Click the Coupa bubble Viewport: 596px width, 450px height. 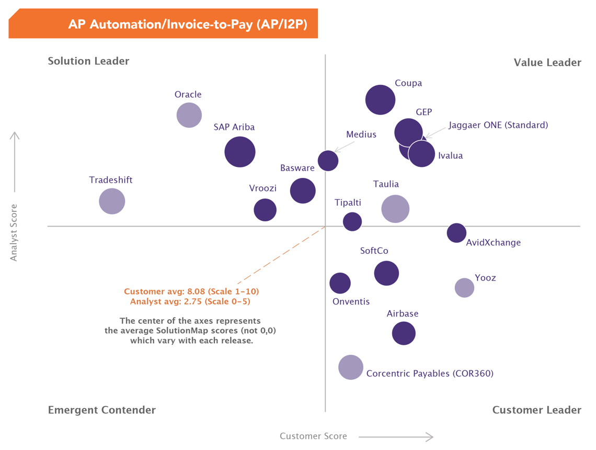pyautogui.click(x=380, y=99)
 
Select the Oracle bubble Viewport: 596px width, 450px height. pyautogui.click(x=189, y=115)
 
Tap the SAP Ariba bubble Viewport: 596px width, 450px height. pyautogui.click(x=240, y=152)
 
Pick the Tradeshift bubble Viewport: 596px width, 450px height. pyautogui.click(x=112, y=201)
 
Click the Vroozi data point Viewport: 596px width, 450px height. pyautogui.click(x=265, y=210)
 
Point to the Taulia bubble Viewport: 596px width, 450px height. pyautogui.click(x=395, y=209)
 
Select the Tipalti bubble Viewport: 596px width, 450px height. pyautogui.click(x=352, y=221)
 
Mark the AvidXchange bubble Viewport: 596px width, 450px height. pyautogui.click(x=456, y=233)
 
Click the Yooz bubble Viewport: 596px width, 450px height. pyautogui.click(x=464, y=287)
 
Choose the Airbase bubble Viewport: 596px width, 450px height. pyautogui.click(x=404, y=333)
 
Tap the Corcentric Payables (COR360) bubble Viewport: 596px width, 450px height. pyautogui.click(x=351, y=367)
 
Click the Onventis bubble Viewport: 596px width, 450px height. pyautogui.click(x=340, y=283)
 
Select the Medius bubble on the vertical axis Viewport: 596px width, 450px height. pyautogui.click(x=328, y=161)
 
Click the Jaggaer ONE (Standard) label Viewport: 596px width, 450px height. pyautogui.click(x=498, y=125)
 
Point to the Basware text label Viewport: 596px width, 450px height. pyautogui.click(x=297, y=168)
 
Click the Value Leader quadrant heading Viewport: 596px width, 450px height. pyautogui.click(x=547, y=63)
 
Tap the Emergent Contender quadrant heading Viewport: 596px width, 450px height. pyautogui.click(x=102, y=410)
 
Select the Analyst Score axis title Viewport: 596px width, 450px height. pyautogui.click(x=14, y=232)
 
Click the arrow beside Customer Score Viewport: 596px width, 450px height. pyautogui.click(x=396, y=436)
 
